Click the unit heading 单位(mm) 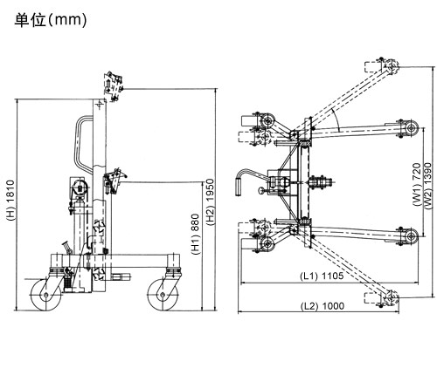click(x=51, y=20)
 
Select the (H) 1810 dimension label click(x=10, y=201)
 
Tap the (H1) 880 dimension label click(x=195, y=235)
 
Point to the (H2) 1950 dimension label click(x=210, y=201)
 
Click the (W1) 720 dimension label click(x=417, y=185)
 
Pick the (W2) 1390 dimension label click(x=427, y=186)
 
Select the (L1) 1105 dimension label click(x=322, y=276)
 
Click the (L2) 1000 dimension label click(x=323, y=306)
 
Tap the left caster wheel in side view click(x=46, y=295)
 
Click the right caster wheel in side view click(x=163, y=295)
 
